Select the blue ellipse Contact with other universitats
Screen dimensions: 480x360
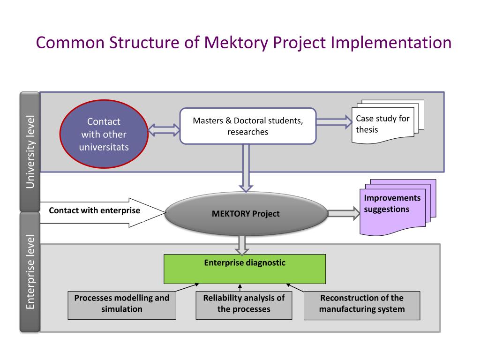click(104, 134)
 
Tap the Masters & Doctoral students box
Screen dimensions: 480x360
click(248, 126)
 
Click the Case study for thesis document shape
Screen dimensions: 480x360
click(388, 121)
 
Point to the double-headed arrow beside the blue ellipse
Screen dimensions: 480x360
click(164, 130)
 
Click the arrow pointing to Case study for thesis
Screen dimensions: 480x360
click(334, 122)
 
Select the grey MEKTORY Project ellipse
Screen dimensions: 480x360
click(246, 214)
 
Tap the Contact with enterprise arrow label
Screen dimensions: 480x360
click(95, 210)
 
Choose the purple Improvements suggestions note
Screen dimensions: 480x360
click(398, 207)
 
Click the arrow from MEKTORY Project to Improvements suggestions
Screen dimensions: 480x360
click(344, 213)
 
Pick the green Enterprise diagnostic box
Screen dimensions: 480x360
click(245, 269)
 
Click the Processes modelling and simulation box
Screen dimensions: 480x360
click(122, 305)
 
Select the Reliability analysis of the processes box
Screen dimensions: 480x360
click(244, 305)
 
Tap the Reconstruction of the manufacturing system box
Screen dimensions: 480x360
click(362, 306)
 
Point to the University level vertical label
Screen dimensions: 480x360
click(30, 152)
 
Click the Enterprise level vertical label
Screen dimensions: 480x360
click(30, 272)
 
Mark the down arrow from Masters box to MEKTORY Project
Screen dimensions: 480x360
click(246, 168)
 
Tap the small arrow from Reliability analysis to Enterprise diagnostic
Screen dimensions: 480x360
click(240, 288)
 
